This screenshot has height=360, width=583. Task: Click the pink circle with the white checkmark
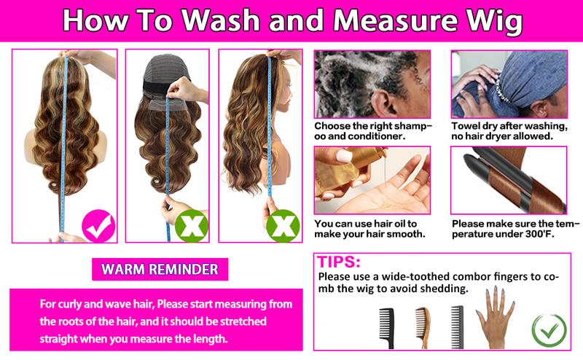click(98, 226)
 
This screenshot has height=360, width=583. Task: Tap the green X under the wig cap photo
click(192, 226)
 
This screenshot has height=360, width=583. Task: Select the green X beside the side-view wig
click(283, 226)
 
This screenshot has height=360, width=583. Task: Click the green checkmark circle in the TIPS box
click(549, 331)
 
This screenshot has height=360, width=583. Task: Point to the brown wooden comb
click(423, 327)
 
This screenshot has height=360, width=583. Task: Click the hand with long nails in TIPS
click(496, 317)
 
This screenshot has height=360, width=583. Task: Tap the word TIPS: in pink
click(338, 262)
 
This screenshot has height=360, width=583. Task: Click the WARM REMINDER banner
click(160, 269)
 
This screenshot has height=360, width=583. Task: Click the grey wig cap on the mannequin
click(167, 73)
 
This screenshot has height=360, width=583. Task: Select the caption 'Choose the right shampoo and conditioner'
click(373, 131)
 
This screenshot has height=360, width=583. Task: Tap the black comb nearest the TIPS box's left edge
click(387, 328)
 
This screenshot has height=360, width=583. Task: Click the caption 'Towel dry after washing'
click(509, 126)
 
